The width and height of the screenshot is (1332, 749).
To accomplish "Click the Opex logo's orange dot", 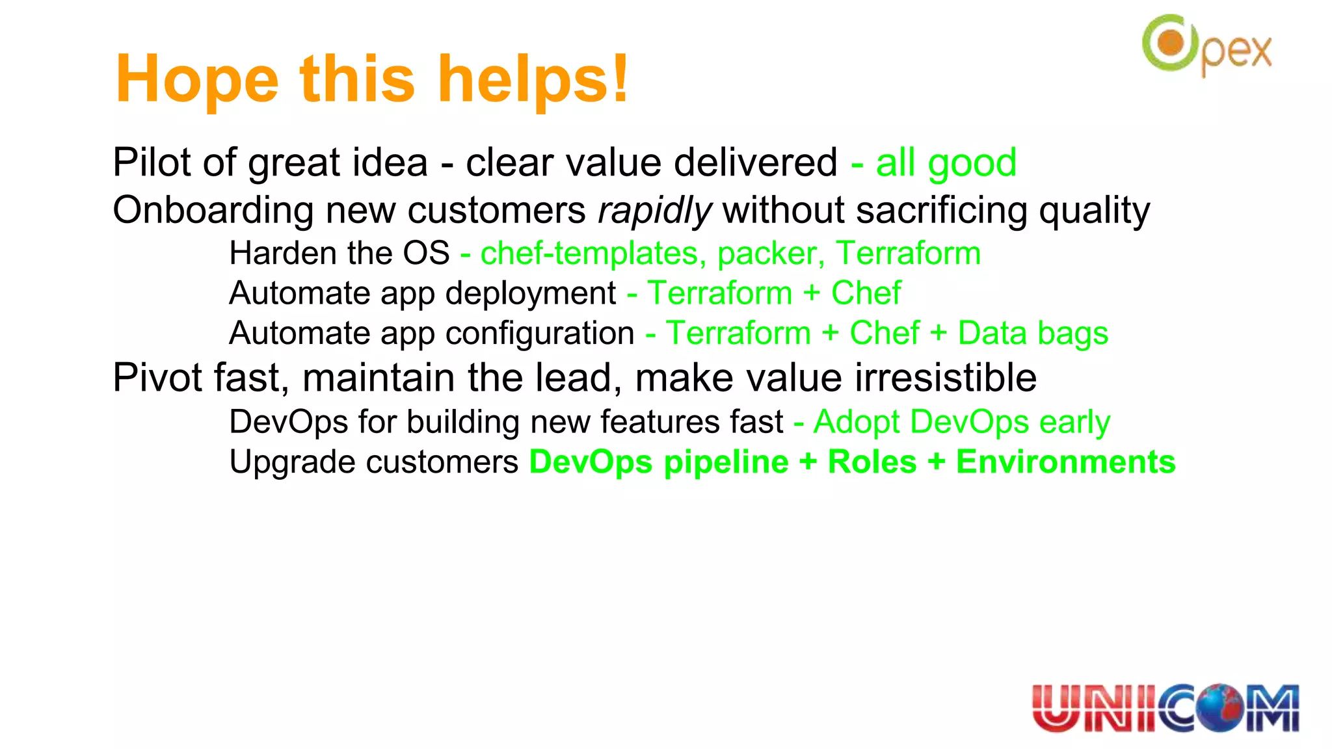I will pos(1171,44).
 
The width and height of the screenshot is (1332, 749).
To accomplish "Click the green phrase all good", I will pos(946,163).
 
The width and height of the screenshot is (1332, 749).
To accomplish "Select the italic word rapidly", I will pos(654,211).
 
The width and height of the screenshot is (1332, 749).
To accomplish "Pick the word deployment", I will pos(530,293).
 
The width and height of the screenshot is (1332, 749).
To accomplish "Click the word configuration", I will pos(539,333).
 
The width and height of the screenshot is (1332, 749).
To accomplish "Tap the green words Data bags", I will pos(1033,333).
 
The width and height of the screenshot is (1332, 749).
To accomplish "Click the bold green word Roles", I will pos(872,462).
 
